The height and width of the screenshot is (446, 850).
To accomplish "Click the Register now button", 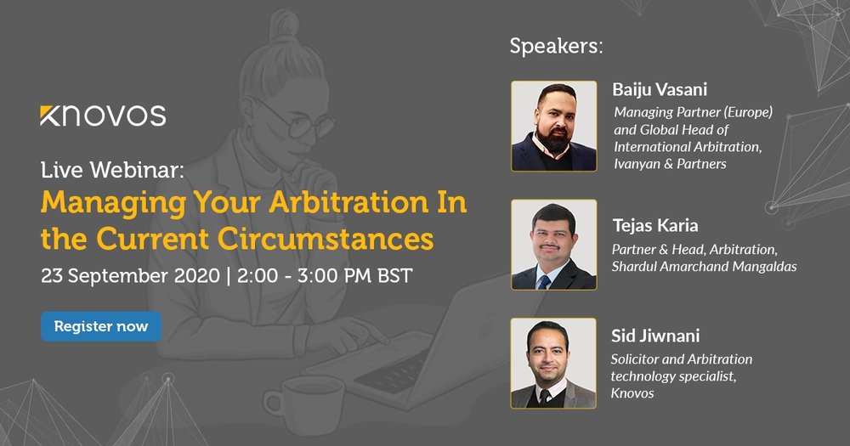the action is tap(101, 326).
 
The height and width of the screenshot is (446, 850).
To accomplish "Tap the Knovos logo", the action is tap(103, 116).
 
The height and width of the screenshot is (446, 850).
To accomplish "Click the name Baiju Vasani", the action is tap(660, 89).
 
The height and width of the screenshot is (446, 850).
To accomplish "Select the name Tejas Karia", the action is tap(655, 225).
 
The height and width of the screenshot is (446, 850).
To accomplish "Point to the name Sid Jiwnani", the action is tap(655, 336).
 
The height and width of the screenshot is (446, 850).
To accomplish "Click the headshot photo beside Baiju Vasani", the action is tap(554, 127).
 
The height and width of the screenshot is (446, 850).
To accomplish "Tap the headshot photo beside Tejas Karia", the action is tap(554, 245).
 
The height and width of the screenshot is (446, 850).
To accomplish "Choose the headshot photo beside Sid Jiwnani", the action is tap(553, 363).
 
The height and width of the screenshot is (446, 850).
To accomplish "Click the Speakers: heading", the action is tap(556, 47).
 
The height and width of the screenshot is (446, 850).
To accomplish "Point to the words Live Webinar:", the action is tap(113, 170).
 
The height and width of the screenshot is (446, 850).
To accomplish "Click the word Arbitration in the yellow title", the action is tap(348, 203).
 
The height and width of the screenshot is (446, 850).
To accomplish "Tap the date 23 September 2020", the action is tap(130, 276).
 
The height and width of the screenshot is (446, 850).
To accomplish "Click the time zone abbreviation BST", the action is tap(394, 276).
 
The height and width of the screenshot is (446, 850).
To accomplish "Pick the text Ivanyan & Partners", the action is tap(670, 164).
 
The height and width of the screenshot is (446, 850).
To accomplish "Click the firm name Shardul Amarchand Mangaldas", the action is tap(704, 267).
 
